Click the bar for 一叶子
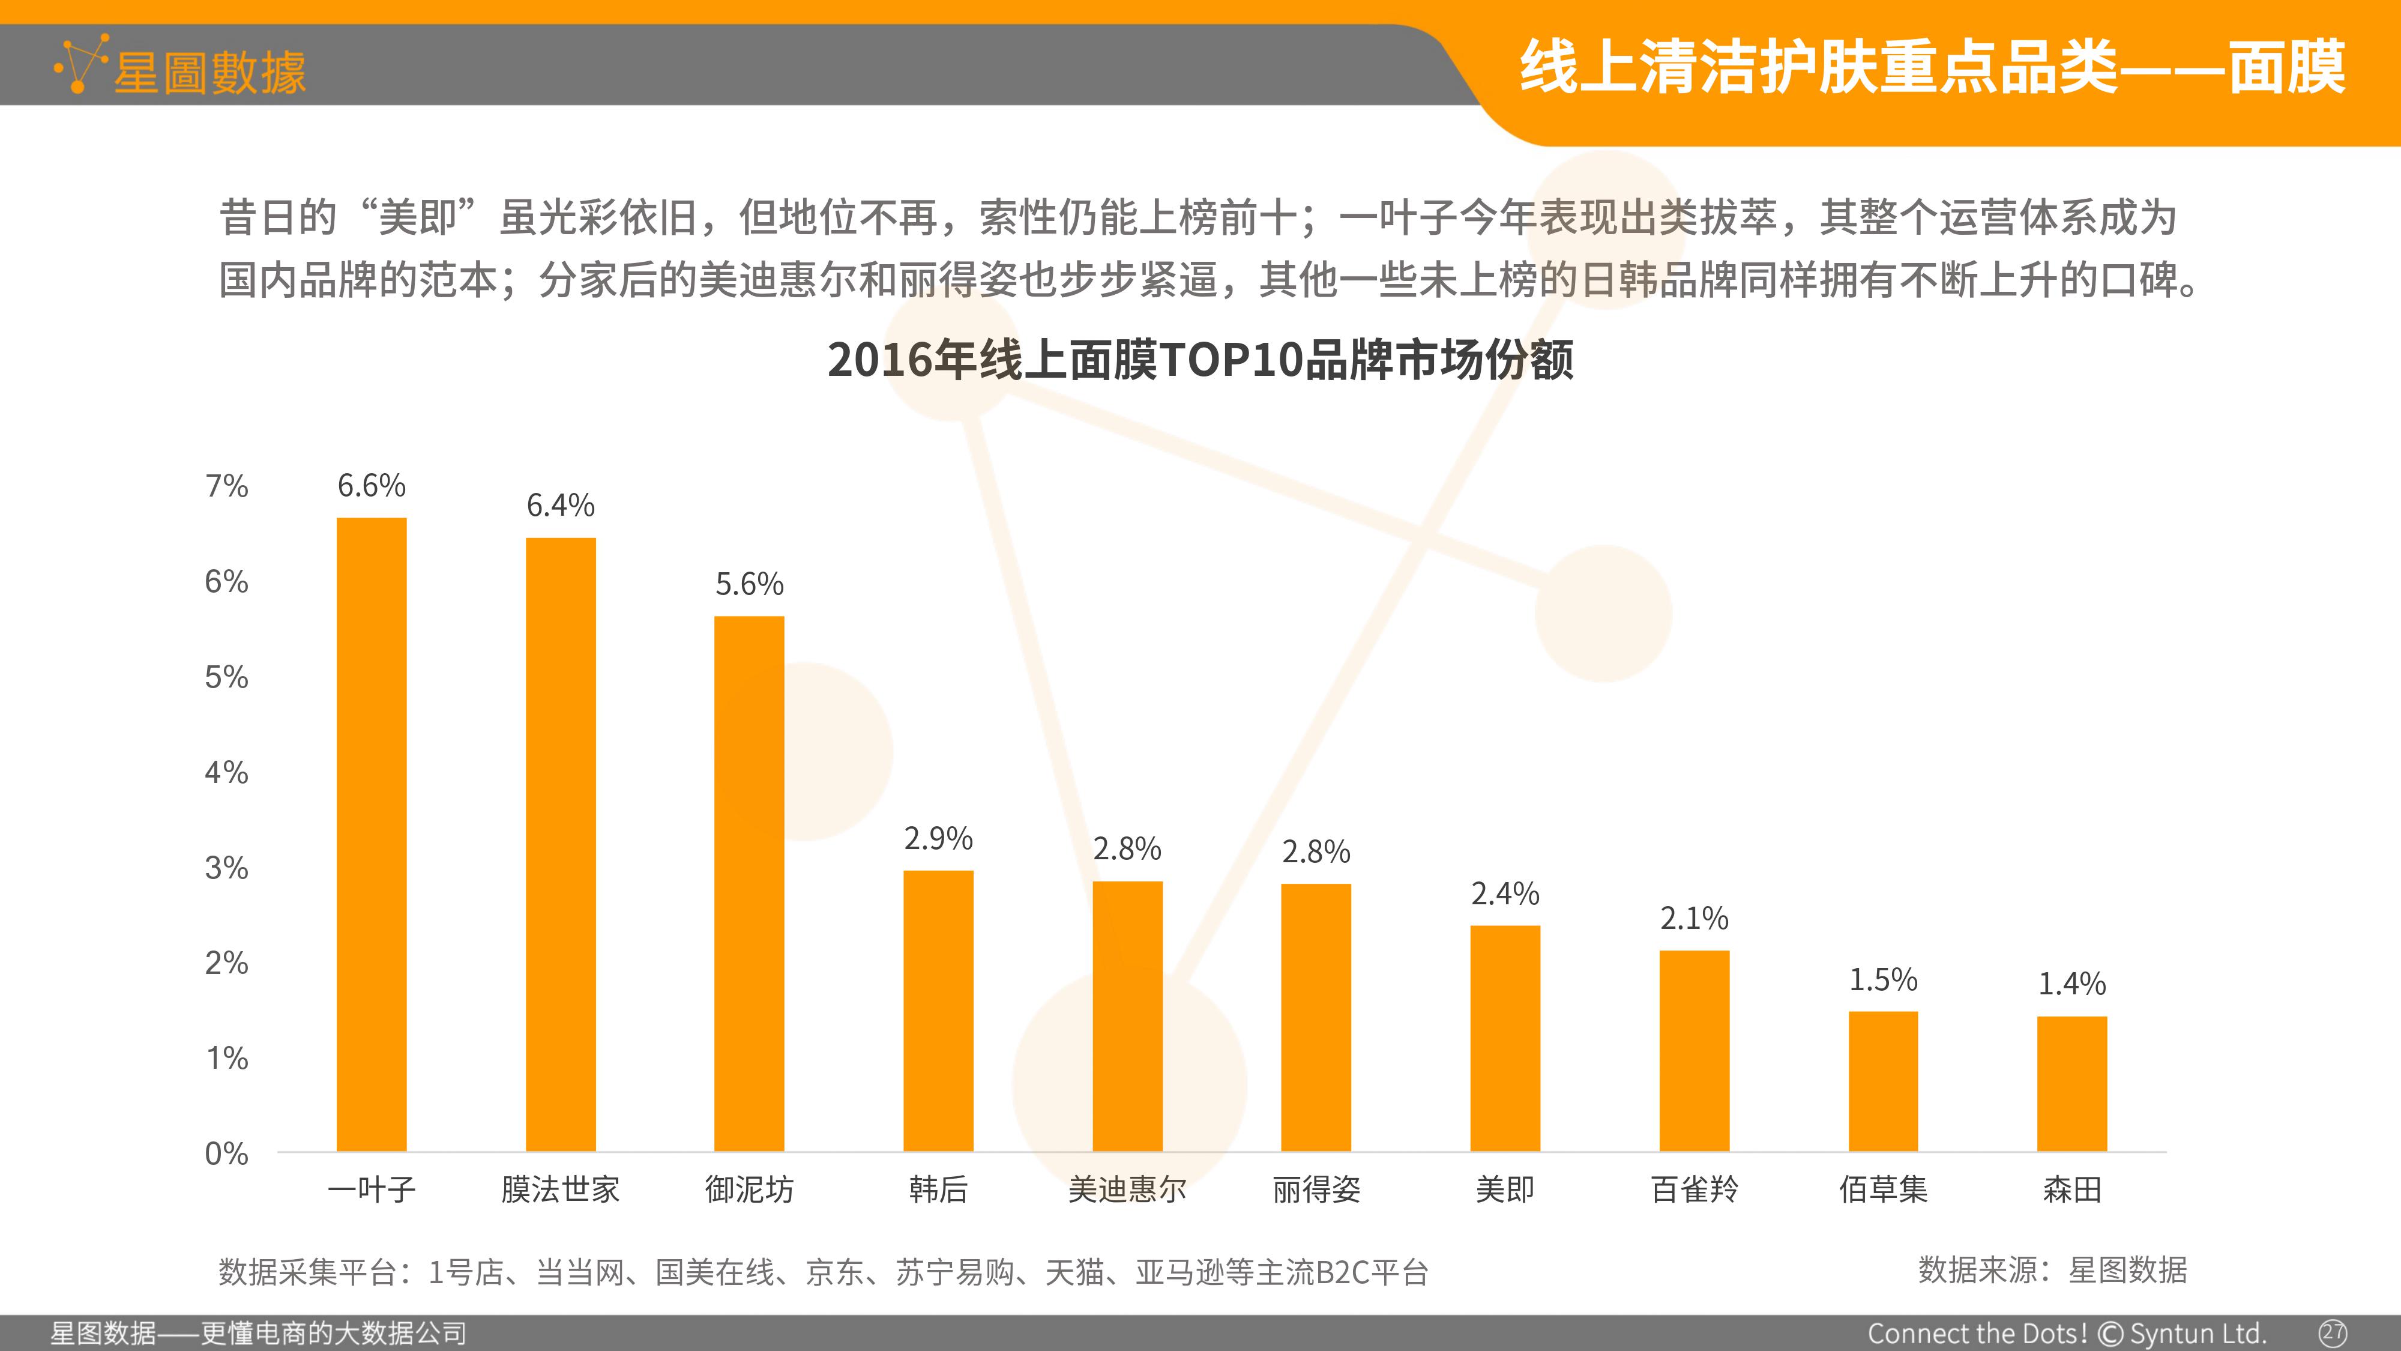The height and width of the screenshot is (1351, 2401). (371, 835)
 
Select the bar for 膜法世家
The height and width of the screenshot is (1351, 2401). (560, 845)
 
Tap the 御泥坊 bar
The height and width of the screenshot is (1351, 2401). (749, 884)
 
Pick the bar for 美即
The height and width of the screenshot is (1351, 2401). (1505, 1039)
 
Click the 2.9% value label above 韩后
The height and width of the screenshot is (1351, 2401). (939, 838)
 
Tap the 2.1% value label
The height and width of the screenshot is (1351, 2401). (1695, 919)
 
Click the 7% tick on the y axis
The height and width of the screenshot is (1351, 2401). (226, 486)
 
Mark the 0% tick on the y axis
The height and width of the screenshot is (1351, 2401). (226, 1153)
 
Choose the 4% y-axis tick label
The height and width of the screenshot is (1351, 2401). (226, 772)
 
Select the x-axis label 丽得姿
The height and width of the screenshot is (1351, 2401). (1316, 1189)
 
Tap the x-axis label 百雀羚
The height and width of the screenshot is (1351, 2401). (1695, 1189)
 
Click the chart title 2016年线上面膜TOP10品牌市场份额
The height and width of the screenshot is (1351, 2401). (1200, 359)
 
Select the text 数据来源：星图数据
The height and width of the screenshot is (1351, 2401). (2052, 1270)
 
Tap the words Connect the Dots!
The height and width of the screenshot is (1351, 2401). (1978, 1333)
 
